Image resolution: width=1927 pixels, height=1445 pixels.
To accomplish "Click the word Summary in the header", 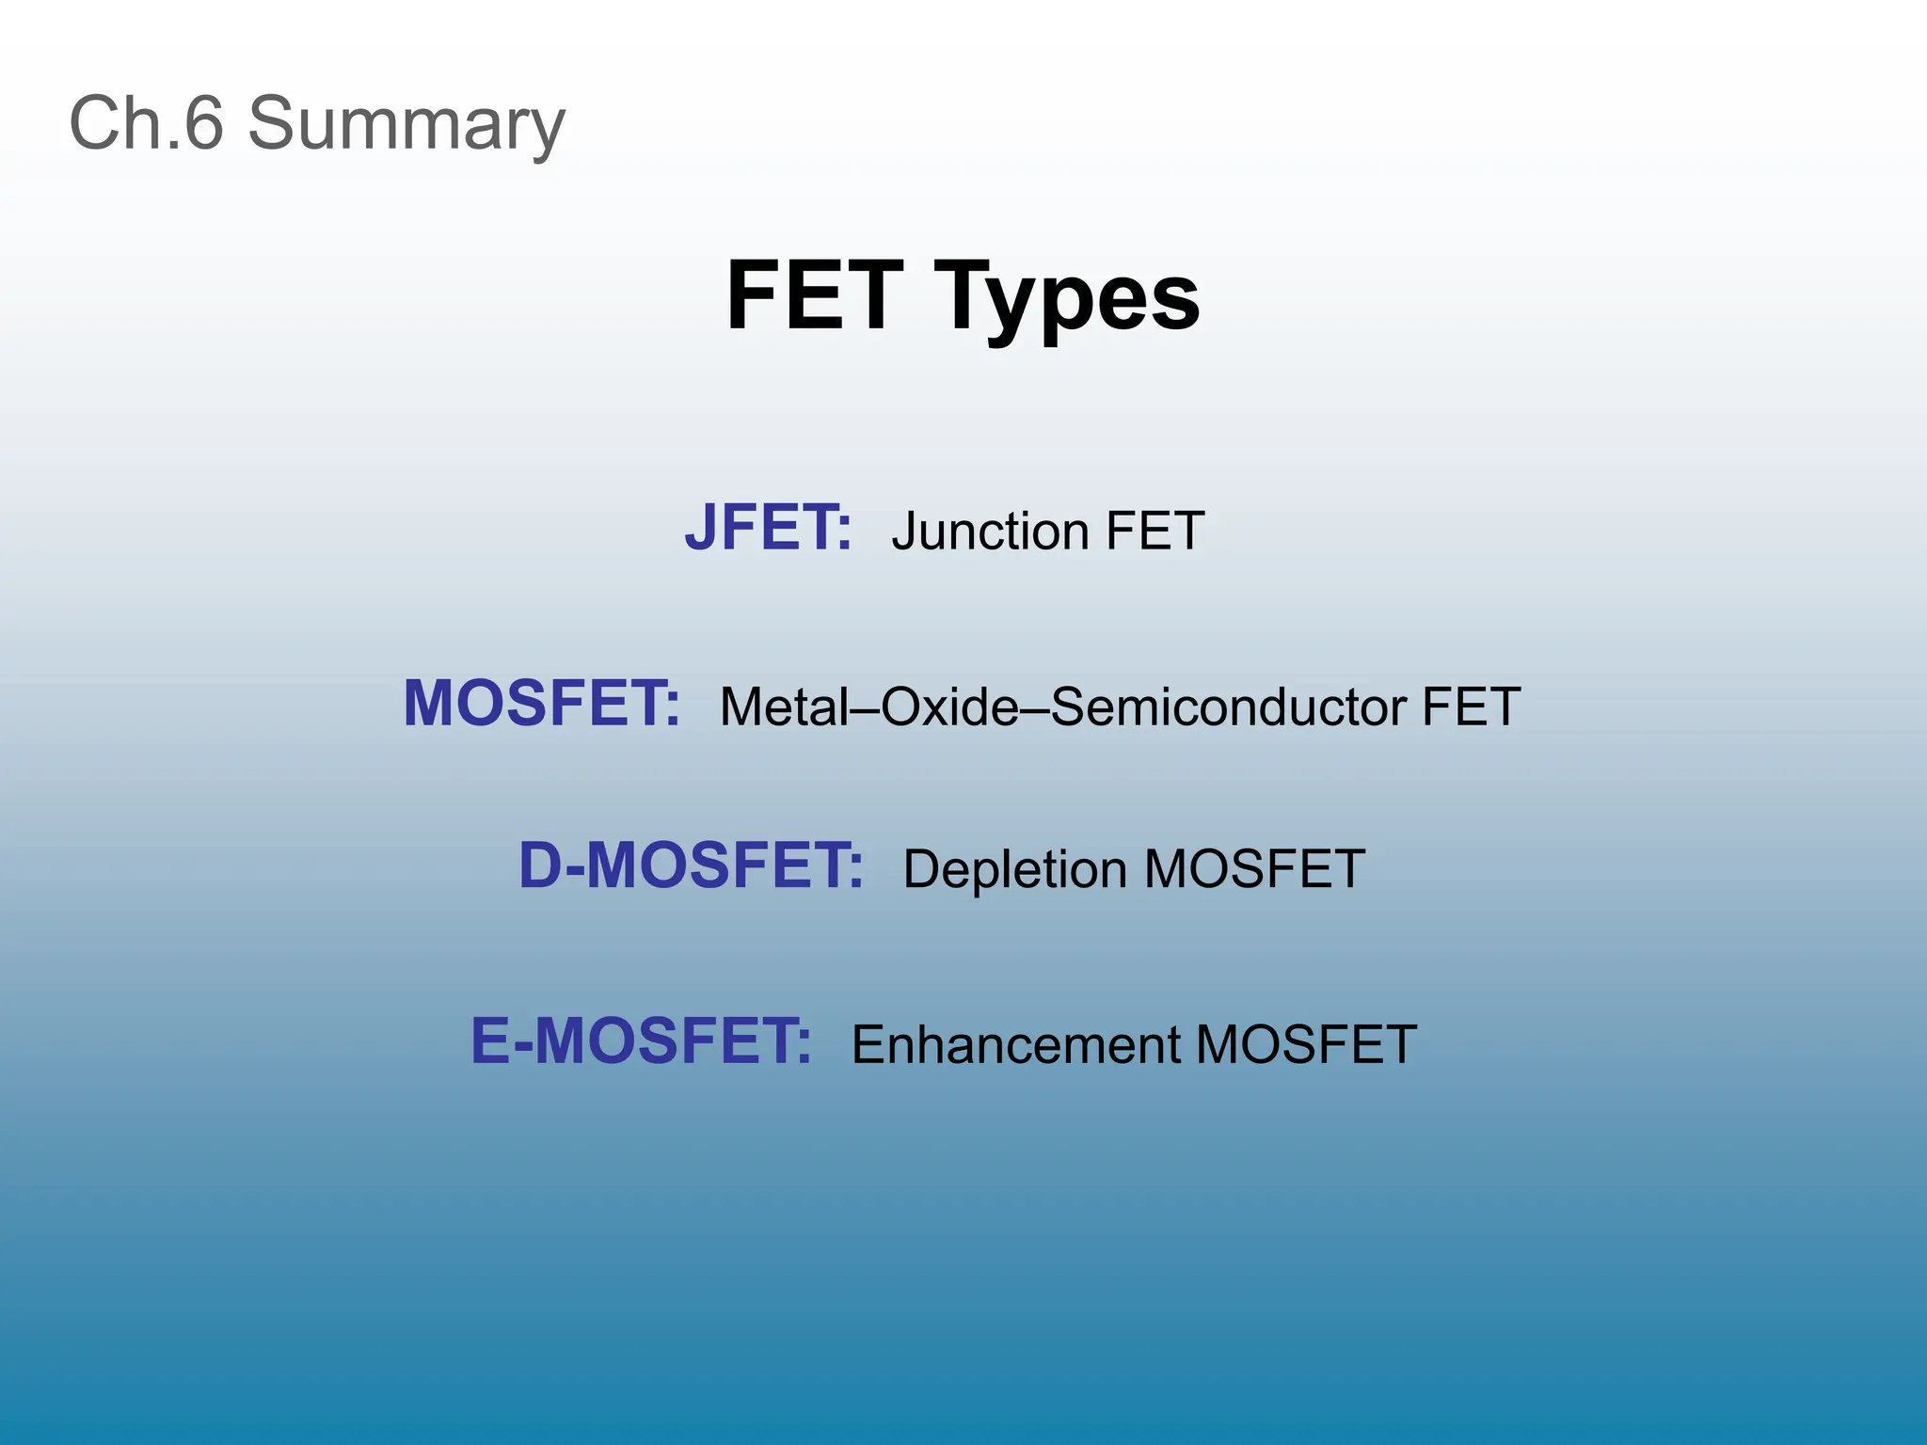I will [406, 124].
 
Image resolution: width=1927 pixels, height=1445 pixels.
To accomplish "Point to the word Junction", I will [991, 532].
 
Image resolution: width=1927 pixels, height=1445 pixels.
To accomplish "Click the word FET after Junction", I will [1155, 531].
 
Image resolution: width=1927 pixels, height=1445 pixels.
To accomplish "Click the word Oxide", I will [949, 707].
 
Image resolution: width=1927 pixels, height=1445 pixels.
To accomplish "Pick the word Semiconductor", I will [1229, 707].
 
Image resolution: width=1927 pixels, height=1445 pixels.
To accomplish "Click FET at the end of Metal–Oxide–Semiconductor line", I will [1471, 707].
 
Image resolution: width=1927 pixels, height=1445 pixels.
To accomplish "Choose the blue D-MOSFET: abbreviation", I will [690, 865].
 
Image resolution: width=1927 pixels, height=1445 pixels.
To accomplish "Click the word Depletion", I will [1015, 869].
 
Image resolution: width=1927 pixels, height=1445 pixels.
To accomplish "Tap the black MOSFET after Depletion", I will [1254, 869].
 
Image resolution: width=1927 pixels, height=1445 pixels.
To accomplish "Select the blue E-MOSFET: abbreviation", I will [640, 1041].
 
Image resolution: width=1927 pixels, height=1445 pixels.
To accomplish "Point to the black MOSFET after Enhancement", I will [1306, 1045].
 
